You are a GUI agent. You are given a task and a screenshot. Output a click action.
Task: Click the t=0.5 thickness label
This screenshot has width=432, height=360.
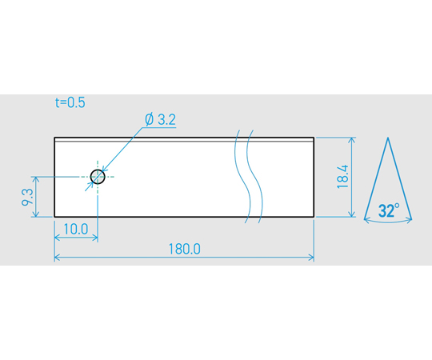pos(70,102)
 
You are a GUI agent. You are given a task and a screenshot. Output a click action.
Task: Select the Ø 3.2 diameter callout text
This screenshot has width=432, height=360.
pos(160,119)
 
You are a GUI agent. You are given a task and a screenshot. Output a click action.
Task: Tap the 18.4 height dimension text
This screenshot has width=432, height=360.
pos(343,177)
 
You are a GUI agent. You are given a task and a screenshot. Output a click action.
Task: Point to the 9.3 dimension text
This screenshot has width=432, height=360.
pos(27,198)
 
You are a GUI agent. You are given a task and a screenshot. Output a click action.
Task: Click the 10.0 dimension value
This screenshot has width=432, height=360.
pos(76,229)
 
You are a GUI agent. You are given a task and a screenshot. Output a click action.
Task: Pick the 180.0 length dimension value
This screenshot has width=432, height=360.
pos(184,249)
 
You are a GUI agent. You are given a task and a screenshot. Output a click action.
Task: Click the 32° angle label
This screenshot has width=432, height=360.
pos(389,210)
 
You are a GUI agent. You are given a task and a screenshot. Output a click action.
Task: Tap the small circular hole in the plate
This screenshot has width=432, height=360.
pos(98,177)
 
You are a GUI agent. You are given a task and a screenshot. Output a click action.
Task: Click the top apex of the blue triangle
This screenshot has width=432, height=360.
pos(388,138)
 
